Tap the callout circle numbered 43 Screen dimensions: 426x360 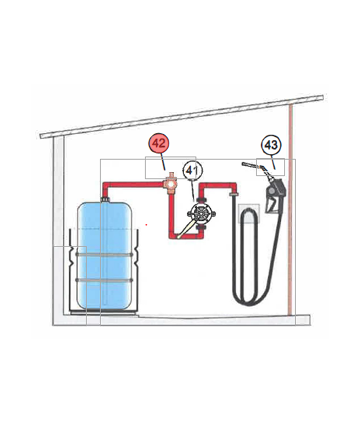(271, 145)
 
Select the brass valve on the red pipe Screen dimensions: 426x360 (169, 183)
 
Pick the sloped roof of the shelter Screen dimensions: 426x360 (180, 116)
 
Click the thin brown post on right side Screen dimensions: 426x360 (291, 206)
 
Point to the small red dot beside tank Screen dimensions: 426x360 (147, 224)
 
